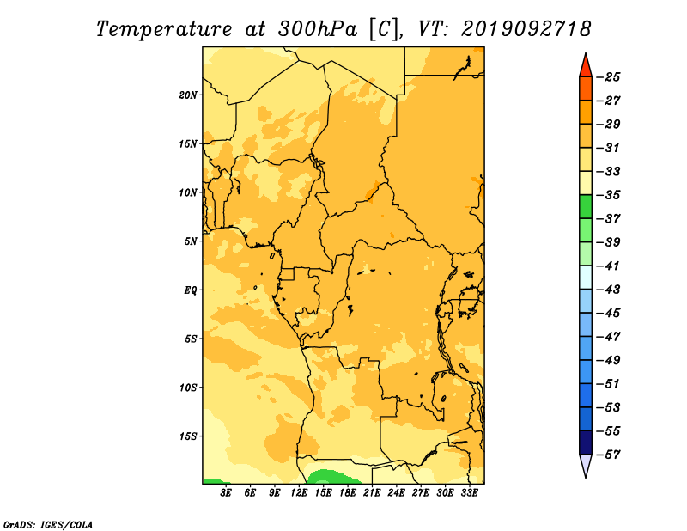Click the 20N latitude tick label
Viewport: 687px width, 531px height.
[188, 95]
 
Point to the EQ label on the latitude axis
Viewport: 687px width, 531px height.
[190, 290]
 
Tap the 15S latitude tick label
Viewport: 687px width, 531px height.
[188, 436]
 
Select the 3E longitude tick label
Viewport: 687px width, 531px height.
[226, 493]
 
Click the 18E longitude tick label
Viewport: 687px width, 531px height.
[348, 493]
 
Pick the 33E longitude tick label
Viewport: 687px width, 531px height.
[469, 493]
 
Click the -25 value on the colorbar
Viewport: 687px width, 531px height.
[608, 77]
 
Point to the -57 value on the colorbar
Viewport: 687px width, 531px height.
[608, 455]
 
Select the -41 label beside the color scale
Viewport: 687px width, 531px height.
[608, 266]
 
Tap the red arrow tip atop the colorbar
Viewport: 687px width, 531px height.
[586, 54]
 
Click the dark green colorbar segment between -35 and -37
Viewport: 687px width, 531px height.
[586, 207]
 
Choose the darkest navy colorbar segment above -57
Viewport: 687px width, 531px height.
[586, 442]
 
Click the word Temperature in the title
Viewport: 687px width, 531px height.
[163, 29]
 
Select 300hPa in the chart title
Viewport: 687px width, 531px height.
[317, 29]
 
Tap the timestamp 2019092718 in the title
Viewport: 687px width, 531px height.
[526, 29]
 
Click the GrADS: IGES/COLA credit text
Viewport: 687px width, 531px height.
[48, 525]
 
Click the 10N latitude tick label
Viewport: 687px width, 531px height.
[188, 192]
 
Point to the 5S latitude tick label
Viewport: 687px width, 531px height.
[190, 339]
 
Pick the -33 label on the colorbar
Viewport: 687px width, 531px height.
[608, 172]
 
